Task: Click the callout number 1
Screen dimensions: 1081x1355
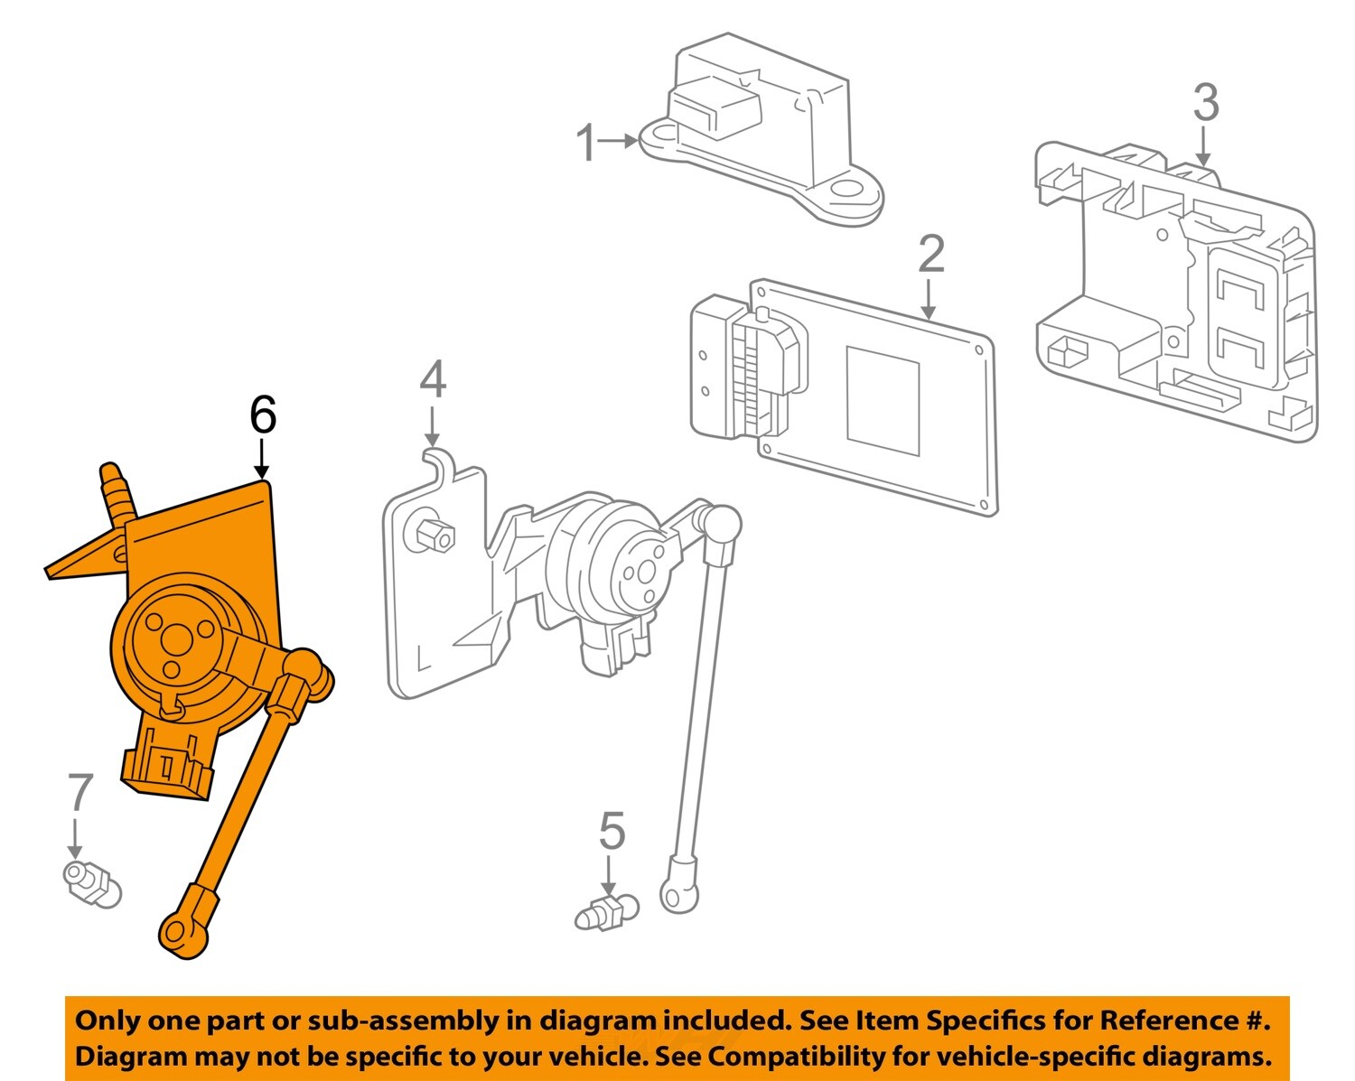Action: (x=586, y=143)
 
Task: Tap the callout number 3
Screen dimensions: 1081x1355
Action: (x=1205, y=103)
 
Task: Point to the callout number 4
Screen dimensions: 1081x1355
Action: (x=433, y=379)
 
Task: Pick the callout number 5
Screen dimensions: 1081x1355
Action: (x=612, y=831)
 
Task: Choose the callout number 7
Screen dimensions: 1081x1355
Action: (x=79, y=793)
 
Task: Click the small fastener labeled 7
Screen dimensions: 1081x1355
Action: (x=90, y=881)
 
